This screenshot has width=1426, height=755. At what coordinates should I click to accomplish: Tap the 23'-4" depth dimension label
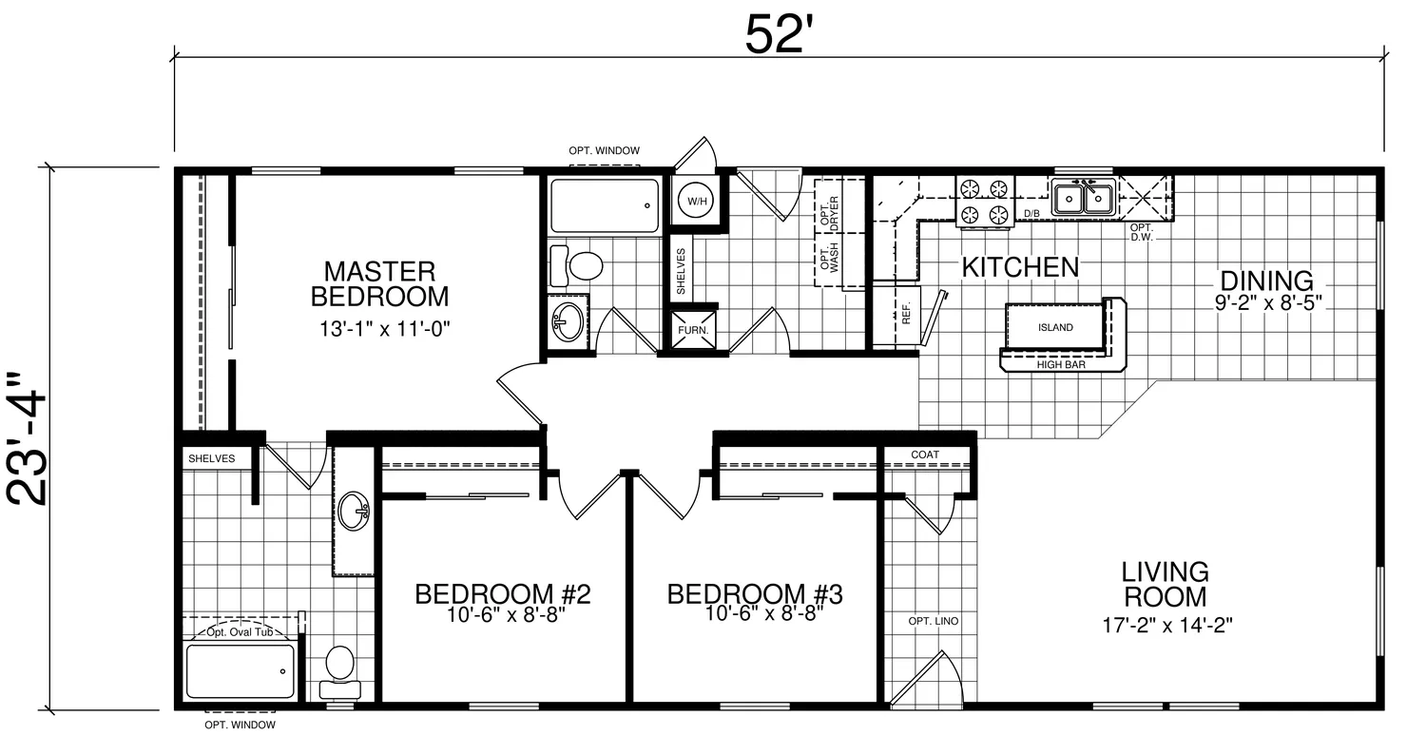coord(27,439)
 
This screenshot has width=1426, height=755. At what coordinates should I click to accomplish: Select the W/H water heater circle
coord(696,202)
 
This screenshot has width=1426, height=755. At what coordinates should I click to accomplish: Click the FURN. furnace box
coord(693,330)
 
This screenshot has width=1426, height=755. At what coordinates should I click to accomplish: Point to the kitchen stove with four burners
coord(984,202)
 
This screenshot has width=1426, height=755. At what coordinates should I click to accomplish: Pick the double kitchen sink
coord(1083,198)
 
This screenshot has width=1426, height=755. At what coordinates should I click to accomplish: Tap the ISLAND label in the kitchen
coord(1055,327)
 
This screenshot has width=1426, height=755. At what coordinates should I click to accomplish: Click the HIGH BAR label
coord(1061,365)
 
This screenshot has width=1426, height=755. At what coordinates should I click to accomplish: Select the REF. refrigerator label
coord(907,313)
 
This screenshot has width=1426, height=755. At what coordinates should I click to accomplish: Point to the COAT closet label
coord(924,455)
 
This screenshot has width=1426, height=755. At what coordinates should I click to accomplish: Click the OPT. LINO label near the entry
coord(934,621)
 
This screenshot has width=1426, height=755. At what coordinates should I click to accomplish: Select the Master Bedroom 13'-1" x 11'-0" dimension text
coord(384,328)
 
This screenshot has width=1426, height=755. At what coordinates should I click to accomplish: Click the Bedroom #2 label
coord(503,594)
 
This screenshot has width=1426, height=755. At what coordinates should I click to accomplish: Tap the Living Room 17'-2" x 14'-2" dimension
coord(1167,625)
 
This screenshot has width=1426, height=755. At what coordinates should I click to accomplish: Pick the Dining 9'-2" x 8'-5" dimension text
coord(1268,302)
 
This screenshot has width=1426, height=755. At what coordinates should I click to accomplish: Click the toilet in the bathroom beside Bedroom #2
coord(339,672)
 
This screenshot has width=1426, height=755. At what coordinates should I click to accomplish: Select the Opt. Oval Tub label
coord(240,632)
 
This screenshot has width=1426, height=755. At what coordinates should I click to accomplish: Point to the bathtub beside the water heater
coord(605,205)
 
